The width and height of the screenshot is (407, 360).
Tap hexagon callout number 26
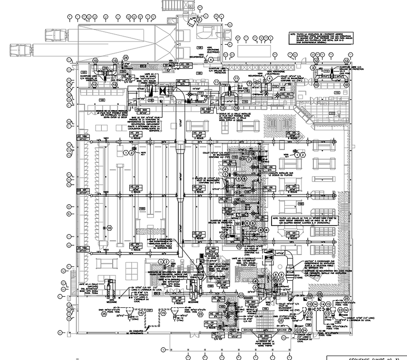(126, 58)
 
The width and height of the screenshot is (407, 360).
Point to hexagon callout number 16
(109, 228)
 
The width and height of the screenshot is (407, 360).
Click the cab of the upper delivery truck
(50, 35)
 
